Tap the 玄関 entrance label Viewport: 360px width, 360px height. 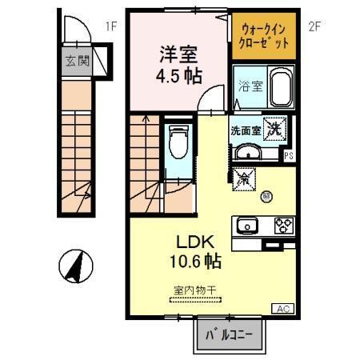tap(76, 61)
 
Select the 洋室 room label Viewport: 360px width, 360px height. tap(178, 54)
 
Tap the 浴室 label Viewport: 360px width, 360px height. tap(250, 86)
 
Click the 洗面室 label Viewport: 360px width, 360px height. tap(245, 129)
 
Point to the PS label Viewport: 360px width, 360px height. tap(287, 157)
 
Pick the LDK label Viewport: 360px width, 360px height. tap(192, 240)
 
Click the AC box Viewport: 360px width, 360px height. tap(282, 309)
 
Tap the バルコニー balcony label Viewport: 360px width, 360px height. tap(230, 334)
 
